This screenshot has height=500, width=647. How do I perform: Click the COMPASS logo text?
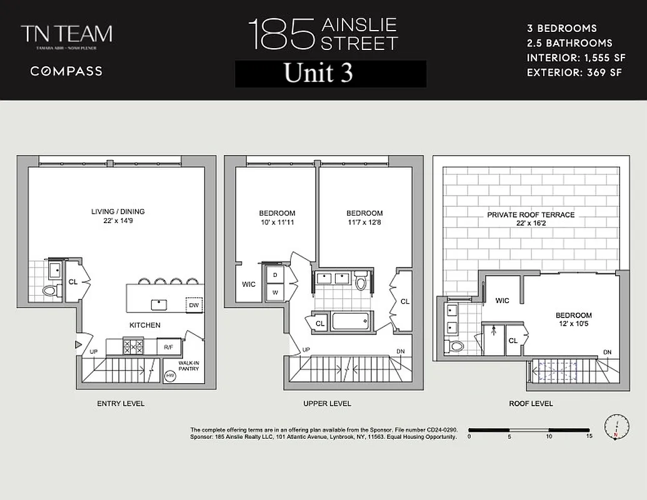[66, 71]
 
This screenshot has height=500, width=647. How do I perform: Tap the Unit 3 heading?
[318, 73]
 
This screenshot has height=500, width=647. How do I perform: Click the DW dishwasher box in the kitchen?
[195, 304]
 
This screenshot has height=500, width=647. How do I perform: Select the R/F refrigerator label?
[169, 347]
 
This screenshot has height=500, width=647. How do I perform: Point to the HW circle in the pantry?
[170, 376]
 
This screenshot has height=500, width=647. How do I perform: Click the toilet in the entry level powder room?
[48, 291]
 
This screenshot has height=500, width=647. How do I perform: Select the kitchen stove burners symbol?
[133, 346]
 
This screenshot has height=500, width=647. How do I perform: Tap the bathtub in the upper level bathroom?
[352, 322]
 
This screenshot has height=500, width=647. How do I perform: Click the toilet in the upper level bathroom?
[360, 283]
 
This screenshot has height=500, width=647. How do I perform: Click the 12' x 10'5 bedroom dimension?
[573, 324]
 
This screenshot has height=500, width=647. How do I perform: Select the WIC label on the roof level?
[502, 301]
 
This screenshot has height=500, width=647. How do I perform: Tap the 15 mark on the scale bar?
[589, 437]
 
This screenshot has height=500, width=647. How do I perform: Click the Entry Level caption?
[121, 404]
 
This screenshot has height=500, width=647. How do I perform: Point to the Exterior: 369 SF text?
[574, 72]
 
